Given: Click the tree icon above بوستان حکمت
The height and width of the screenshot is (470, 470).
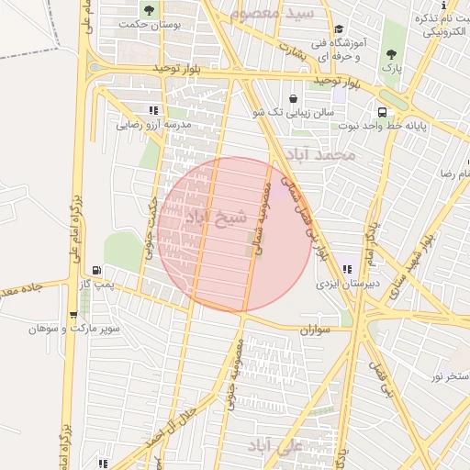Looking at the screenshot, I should pyautogui.click(x=150, y=11).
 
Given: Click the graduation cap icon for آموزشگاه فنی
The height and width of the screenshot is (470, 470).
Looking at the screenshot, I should pyautogui.click(x=339, y=29).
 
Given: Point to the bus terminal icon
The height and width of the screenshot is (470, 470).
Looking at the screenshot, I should pyautogui.click(x=382, y=112).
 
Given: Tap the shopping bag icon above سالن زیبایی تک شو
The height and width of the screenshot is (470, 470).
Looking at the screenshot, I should pyautogui.click(x=293, y=98).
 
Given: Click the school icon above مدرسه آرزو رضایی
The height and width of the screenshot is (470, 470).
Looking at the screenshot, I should pyautogui.click(x=165, y=110).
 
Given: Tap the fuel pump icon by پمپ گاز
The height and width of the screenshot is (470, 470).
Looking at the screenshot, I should pyautogui.click(x=97, y=271).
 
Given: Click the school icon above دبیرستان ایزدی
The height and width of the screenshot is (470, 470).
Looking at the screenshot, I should pyautogui.click(x=347, y=269).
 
